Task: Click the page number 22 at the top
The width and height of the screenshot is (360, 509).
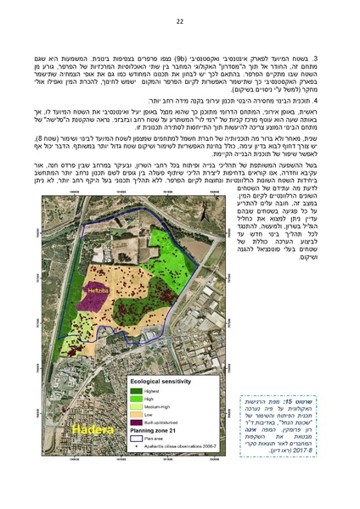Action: click(180, 20)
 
